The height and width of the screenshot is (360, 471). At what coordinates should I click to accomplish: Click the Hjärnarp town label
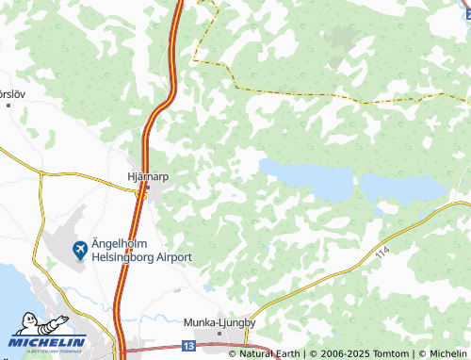tap(146, 174)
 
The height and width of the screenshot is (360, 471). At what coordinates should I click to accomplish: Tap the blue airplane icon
tap(80, 250)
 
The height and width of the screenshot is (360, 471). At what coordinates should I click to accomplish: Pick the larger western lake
tap(306, 177)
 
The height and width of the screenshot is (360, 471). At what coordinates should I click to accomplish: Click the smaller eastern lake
tap(403, 188)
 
